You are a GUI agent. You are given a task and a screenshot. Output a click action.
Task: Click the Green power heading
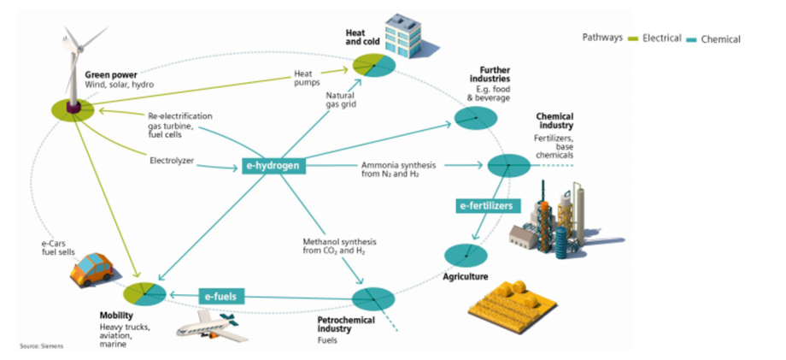pos(112,74)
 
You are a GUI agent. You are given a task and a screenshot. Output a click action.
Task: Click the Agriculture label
pos(465,278)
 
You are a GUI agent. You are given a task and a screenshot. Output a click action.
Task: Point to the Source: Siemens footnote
pos(41,345)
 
